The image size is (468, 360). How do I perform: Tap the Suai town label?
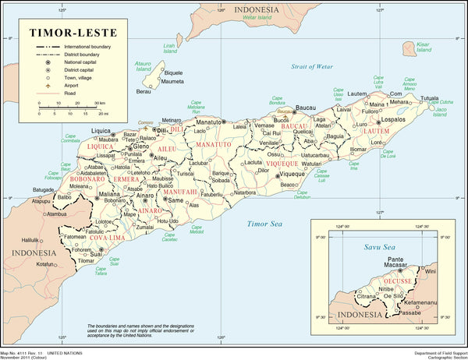click(97, 254)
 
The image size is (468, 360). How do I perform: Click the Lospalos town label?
click(393, 121)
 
